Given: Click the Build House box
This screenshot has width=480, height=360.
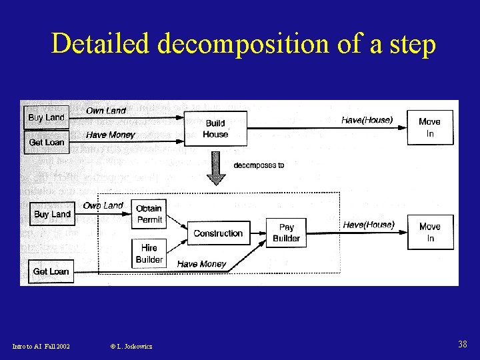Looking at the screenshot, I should coord(215,129).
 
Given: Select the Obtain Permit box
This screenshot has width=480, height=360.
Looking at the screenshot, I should coord(149,214).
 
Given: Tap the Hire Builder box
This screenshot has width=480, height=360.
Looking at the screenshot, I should coord(149,253).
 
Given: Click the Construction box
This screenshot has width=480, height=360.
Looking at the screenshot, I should coord(218,233).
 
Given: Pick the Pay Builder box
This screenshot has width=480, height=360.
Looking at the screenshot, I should coord(287,233).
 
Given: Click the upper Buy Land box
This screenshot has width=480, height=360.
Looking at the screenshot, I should coord(46,117).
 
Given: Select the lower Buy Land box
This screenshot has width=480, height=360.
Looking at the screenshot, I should coord(52,214).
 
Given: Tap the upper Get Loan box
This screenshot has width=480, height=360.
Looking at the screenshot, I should coord(46,142).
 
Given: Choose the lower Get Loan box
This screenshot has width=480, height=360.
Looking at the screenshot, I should coord(51,271).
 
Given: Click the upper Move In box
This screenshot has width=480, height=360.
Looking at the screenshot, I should coord(430,127).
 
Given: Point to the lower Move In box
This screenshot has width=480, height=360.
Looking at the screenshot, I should coord(430,232).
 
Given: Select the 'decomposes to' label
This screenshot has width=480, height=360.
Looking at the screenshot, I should coord(259,165).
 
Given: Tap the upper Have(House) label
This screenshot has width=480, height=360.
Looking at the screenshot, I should coord(367,120).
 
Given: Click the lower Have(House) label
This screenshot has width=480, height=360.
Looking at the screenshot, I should coord(369,225).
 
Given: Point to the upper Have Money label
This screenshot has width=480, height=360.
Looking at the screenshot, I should coord(111,135).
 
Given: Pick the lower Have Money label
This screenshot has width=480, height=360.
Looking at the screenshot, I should coord(202,264).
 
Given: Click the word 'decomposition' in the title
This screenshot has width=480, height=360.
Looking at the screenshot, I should coord(245,45).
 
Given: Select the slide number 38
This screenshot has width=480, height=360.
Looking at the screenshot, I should coord(463,345).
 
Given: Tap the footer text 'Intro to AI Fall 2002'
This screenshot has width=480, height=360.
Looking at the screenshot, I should coord(41,346).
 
